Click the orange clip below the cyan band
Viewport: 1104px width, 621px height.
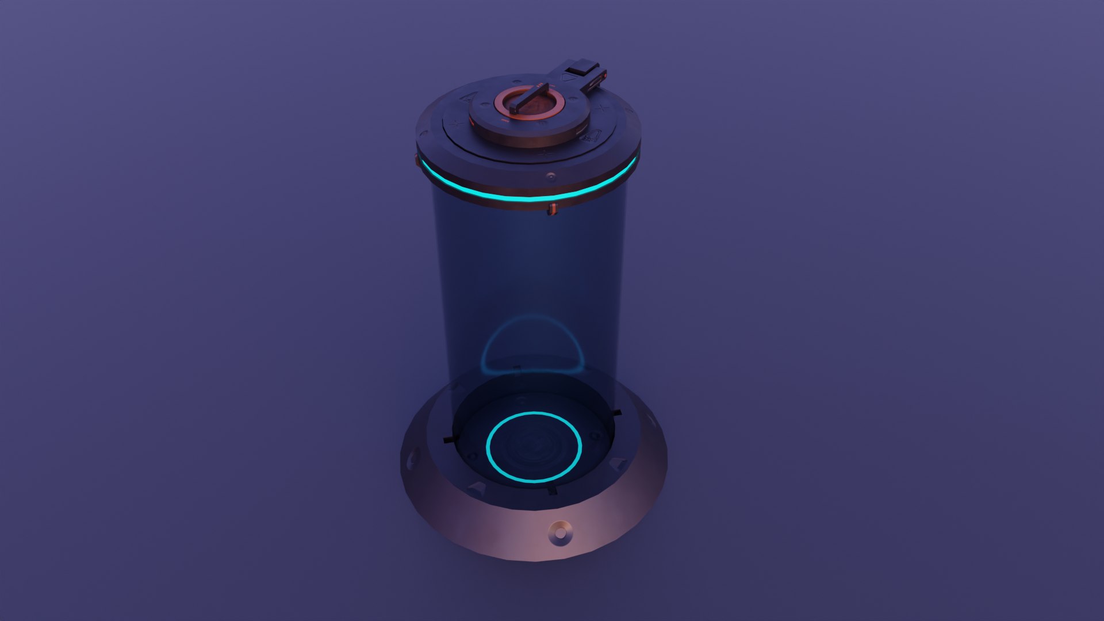pos(553,209)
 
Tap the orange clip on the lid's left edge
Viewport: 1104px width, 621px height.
pos(417,158)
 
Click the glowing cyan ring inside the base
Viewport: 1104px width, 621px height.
pos(534,447)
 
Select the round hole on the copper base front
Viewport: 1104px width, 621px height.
pos(559,533)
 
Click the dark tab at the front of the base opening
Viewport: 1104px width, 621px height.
pos(552,489)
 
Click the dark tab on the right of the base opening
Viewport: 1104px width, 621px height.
pos(616,413)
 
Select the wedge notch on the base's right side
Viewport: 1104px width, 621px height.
pos(620,463)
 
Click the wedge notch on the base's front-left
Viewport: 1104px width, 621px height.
pos(477,489)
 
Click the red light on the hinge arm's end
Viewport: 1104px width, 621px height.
pos(603,75)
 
